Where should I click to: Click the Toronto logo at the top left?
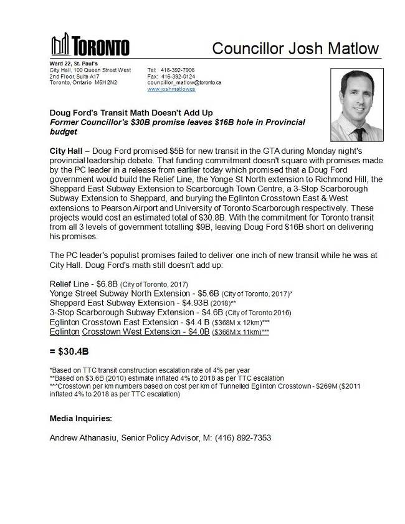90,47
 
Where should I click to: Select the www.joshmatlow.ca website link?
171,89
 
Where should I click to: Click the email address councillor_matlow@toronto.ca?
184,82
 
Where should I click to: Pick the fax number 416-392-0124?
181,76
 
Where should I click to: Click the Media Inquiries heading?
81,417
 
